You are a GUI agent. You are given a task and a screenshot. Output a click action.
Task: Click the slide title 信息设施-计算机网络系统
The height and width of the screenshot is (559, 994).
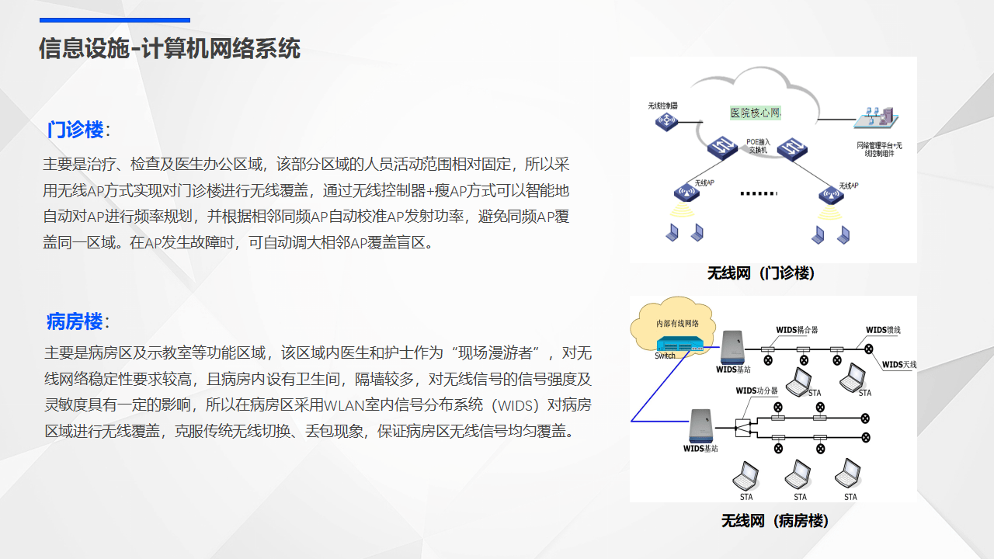(169, 49)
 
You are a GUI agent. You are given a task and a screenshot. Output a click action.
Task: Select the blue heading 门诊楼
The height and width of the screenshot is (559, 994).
(75, 130)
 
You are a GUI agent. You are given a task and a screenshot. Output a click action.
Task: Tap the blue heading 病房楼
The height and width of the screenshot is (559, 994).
(75, 321)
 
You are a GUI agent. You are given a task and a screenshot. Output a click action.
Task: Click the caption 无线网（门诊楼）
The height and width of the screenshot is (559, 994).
(761, 273)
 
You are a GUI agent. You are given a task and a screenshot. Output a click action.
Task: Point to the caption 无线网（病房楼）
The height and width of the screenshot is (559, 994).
(775, 521)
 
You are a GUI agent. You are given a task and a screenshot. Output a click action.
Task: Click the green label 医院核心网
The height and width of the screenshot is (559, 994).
(755, 113)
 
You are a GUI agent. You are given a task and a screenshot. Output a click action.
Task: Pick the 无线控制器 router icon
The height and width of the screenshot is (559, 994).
(666, 121)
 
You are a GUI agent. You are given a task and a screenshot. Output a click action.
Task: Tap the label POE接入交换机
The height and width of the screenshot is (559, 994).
(758, 146)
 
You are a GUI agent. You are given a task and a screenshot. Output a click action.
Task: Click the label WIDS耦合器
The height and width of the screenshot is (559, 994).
(797, 330)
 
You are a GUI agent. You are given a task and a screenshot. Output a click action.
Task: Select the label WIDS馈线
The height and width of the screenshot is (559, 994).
(883, 330)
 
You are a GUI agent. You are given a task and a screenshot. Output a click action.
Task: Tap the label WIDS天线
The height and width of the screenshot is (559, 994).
(899, 364)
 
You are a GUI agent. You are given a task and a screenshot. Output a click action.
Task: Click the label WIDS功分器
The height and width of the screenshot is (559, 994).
(756, 391)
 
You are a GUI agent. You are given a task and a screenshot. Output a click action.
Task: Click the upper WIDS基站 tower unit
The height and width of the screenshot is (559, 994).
(733, 347)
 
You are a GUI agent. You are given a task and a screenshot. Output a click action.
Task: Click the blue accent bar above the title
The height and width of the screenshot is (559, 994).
(115, 20)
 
